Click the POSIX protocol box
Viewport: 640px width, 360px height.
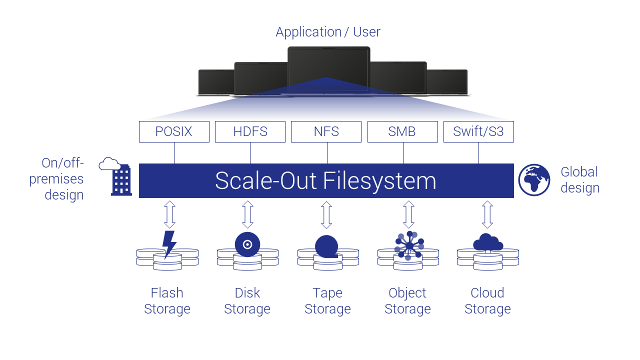click(174, 132)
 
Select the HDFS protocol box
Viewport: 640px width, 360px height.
click(250, 132)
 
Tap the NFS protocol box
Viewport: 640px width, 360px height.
click(326, 132)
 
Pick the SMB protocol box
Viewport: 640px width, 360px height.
click(402, 132)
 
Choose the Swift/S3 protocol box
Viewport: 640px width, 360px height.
click(478, 132)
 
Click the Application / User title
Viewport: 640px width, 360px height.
click(327, 32)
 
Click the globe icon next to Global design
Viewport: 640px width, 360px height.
click(534, 180)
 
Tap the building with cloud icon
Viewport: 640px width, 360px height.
click(118, 176)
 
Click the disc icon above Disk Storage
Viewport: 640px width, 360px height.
click(247, 244)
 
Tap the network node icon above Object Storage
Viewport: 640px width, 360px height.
click(409, 245)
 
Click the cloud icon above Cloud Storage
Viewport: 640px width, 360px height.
click(487, 242)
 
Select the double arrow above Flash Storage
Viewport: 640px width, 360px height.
click(169, 214)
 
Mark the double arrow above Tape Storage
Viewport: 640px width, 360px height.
click(326, 214)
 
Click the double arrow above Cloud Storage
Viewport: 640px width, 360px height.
click(487, 214)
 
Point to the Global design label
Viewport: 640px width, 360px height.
click(579, 180)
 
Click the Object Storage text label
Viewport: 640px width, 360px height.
click(407, 300)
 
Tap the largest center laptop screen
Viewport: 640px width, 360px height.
click(328, 69)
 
